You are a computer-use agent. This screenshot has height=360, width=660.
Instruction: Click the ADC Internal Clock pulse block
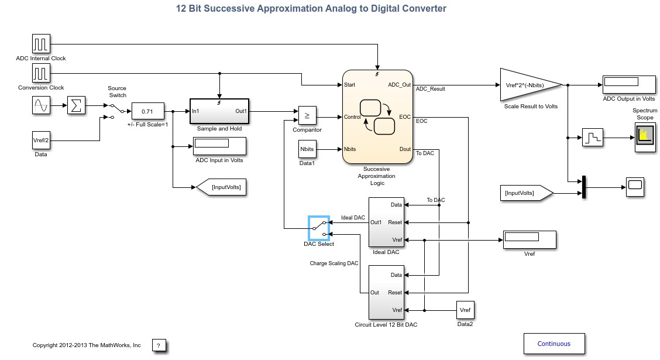[41, 44]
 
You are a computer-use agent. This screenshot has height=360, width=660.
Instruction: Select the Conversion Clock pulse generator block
[41, 73]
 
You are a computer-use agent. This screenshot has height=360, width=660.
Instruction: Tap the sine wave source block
[41, 105]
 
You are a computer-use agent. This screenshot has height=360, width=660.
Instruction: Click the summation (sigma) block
[76, 105]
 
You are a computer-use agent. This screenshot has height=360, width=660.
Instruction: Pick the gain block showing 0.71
[148, 112]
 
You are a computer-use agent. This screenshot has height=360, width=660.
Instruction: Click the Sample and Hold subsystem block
[219, 111]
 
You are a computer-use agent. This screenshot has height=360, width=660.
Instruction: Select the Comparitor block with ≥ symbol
[307, 115]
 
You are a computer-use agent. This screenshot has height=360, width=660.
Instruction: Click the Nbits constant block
[307, 149]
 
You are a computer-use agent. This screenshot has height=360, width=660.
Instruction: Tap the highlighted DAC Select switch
[319, 228]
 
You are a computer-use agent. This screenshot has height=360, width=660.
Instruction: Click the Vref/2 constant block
[41, 140]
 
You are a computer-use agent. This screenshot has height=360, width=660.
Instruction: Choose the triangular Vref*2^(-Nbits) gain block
[531, 85]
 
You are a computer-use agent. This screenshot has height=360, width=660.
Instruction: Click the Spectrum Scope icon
[645, 137]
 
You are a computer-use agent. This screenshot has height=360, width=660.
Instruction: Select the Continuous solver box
[554, 344]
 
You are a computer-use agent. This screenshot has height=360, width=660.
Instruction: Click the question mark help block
[159, 345]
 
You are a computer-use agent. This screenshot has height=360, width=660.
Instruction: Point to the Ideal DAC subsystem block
[386, 222]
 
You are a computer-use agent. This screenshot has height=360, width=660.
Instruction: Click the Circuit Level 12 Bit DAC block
[386, 292]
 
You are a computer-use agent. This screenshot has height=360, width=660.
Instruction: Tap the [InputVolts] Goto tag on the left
[221, 187]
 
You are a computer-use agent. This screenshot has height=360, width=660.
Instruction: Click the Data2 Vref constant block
[465, 310]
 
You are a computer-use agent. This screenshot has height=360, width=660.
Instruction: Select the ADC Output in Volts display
[629, 85]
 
